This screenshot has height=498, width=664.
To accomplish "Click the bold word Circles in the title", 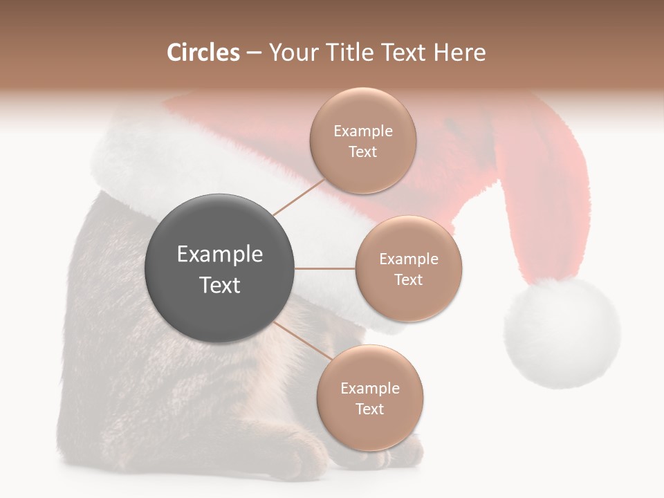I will [x=203, y=53].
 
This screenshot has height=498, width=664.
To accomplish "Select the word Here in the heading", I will [x=459, y=53].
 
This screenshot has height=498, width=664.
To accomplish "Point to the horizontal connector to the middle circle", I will [x=325, y=268].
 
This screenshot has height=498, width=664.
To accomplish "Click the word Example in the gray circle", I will [x=220, y=255].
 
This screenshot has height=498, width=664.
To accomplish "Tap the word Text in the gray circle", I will [x=220, y=285].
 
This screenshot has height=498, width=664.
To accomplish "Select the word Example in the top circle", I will [x=363, y=131].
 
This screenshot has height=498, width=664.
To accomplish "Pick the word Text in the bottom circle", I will [x=370, y=409].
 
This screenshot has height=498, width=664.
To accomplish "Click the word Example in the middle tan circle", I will [x=409, y=259].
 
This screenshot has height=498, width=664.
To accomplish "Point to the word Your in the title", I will [x=291, y=53].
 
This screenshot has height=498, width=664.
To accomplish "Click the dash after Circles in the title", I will [x=254, y=53].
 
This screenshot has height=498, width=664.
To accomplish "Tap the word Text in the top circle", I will [x=363, y=152].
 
